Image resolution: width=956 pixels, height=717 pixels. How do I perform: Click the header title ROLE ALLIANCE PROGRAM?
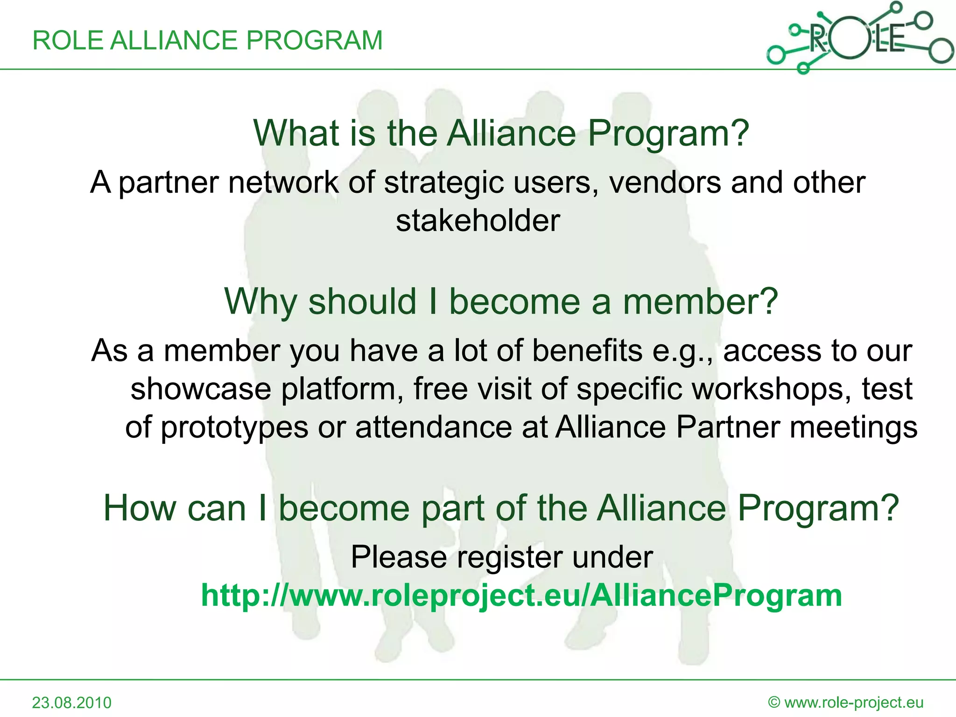click(x=207, y=40)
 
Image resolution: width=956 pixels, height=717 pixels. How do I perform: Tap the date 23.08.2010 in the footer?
click(x=71, y=703)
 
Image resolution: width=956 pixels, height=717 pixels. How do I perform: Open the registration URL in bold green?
click(x=521, y=596)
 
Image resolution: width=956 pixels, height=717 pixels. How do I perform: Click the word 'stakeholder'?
click(x=478, y=221)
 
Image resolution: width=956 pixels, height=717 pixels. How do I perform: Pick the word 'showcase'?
click(x=201, y=389)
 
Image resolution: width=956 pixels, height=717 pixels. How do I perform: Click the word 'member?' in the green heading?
click(x=700, y=302)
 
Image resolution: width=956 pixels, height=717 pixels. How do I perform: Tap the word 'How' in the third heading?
click(x=139, y=508)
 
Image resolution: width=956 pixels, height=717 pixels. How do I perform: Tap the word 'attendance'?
click(x=434, y=427)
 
